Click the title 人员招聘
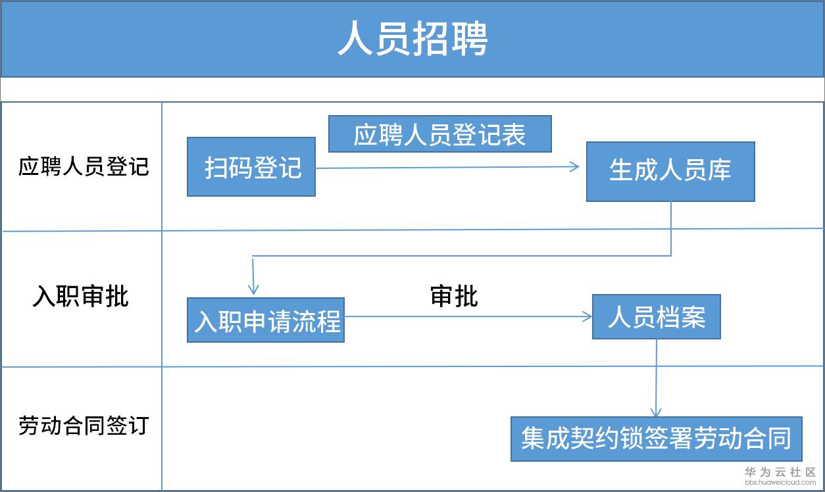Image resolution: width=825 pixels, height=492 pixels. pos(413,40)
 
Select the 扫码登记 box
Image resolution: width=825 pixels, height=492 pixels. pos(251,167)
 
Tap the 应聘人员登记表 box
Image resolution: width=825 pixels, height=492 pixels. pos(439,134)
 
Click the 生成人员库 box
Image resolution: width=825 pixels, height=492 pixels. pos(670,172)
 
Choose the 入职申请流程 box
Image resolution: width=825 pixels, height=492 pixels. pos(266,320)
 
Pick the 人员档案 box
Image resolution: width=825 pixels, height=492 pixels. pos(656,317)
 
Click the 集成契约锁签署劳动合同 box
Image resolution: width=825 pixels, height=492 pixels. pos(656,439)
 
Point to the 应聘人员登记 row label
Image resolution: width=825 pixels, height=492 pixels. pos(84,167)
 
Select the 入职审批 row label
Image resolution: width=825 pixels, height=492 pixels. pos(80,297)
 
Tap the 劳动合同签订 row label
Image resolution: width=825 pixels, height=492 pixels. pos(84,426)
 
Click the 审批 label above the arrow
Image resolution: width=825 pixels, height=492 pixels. pos(454,297)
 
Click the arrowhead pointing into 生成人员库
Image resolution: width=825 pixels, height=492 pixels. pos(575,167)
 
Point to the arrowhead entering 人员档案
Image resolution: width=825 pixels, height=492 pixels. pos(587,317)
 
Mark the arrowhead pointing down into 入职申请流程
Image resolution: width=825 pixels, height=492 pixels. pos(254,289)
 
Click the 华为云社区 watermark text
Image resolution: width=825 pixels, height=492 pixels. pos(780,472)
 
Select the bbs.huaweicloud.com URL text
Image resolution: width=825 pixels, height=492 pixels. pos(780,482)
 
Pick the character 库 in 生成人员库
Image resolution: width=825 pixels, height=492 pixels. pos(719,172)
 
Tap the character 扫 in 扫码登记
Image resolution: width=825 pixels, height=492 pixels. pos(216,167)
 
